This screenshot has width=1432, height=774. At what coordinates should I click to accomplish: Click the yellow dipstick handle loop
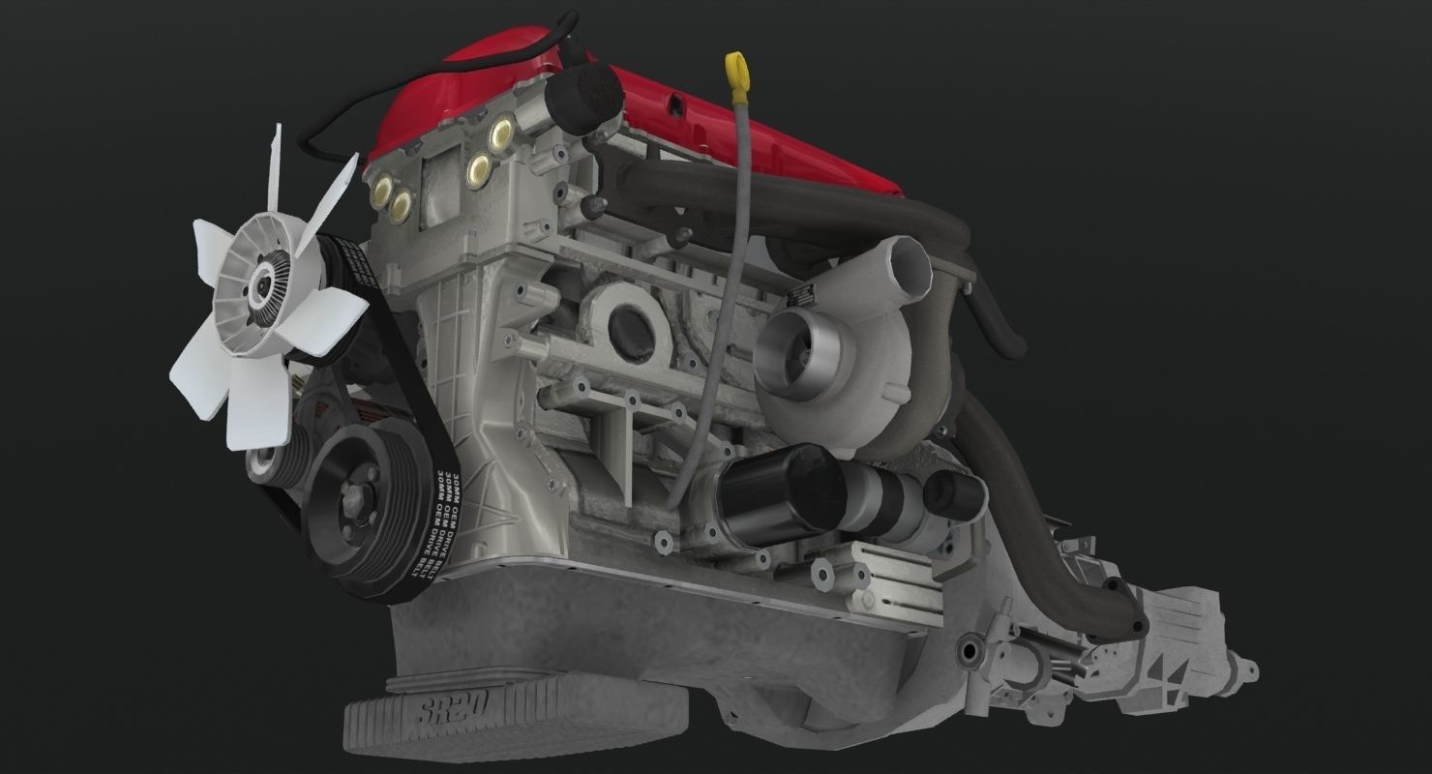coord(738,69)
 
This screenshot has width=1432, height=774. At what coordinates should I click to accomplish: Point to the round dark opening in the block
coord(629,327)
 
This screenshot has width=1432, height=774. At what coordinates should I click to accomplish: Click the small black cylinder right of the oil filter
coord(953,493)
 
